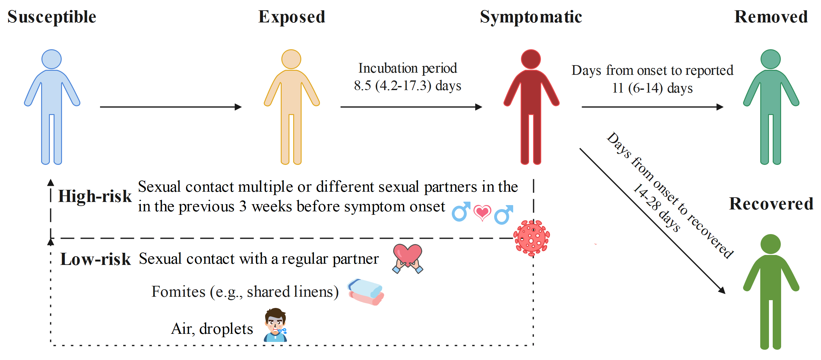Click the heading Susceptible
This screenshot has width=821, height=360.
[52, 17]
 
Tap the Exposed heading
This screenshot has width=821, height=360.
[291, 17]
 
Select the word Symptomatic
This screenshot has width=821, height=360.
[531, 17]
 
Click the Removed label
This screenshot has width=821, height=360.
[771, 17]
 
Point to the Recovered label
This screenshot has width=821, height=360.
[771, 204]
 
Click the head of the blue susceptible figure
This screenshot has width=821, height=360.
[52, 59]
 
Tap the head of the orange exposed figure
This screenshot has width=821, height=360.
[291, 59]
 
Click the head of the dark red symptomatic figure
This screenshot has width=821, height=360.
[531, 59]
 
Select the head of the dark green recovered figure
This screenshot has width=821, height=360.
[770, 244]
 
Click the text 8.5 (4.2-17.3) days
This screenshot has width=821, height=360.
[407, 86]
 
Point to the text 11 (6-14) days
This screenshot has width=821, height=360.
[652, 88]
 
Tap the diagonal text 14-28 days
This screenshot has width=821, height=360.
[656, 208]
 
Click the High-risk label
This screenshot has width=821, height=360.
[95, 196]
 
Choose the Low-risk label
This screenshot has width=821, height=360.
[95, 259]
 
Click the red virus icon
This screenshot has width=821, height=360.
[531, 238]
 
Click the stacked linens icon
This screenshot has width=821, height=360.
[366, 291]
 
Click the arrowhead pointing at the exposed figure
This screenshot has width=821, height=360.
[238, 107]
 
